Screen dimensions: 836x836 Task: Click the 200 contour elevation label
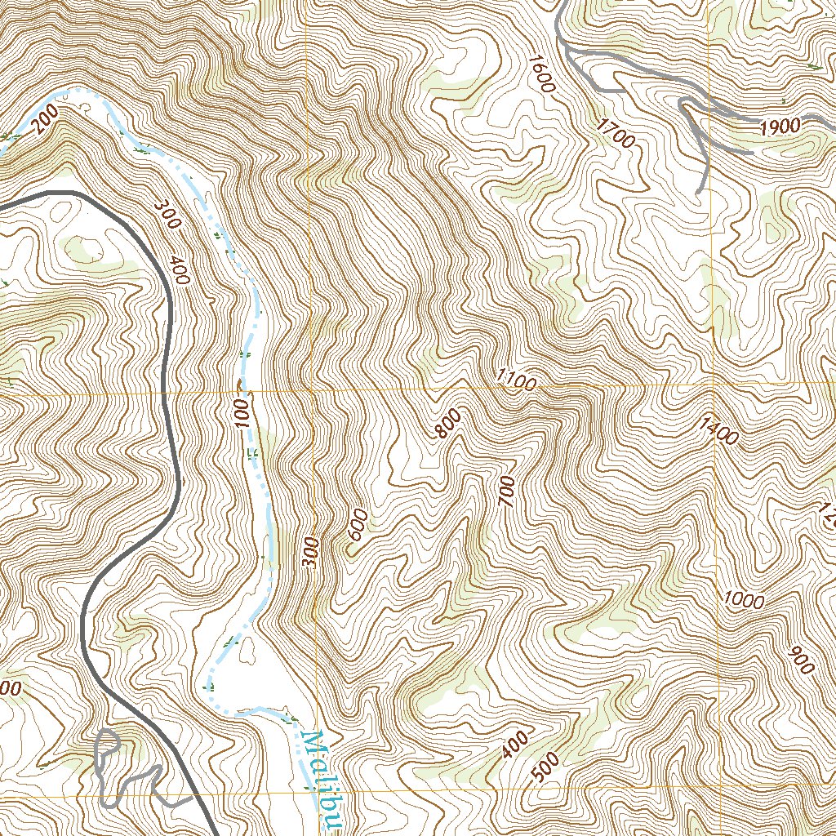point(47,122)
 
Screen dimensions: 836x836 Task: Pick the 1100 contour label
point(515,380)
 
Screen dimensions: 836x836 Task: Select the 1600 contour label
point(540,73)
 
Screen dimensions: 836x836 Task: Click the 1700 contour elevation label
point(615,132)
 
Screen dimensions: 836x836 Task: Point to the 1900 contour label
point(779,127)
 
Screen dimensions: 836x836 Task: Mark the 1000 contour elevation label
point(743,601)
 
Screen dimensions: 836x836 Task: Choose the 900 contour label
point(803,660)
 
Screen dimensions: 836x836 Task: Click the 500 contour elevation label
point(545,767)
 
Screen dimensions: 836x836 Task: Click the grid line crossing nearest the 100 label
point(311,390)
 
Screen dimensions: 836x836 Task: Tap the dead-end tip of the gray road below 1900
point(700,192)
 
